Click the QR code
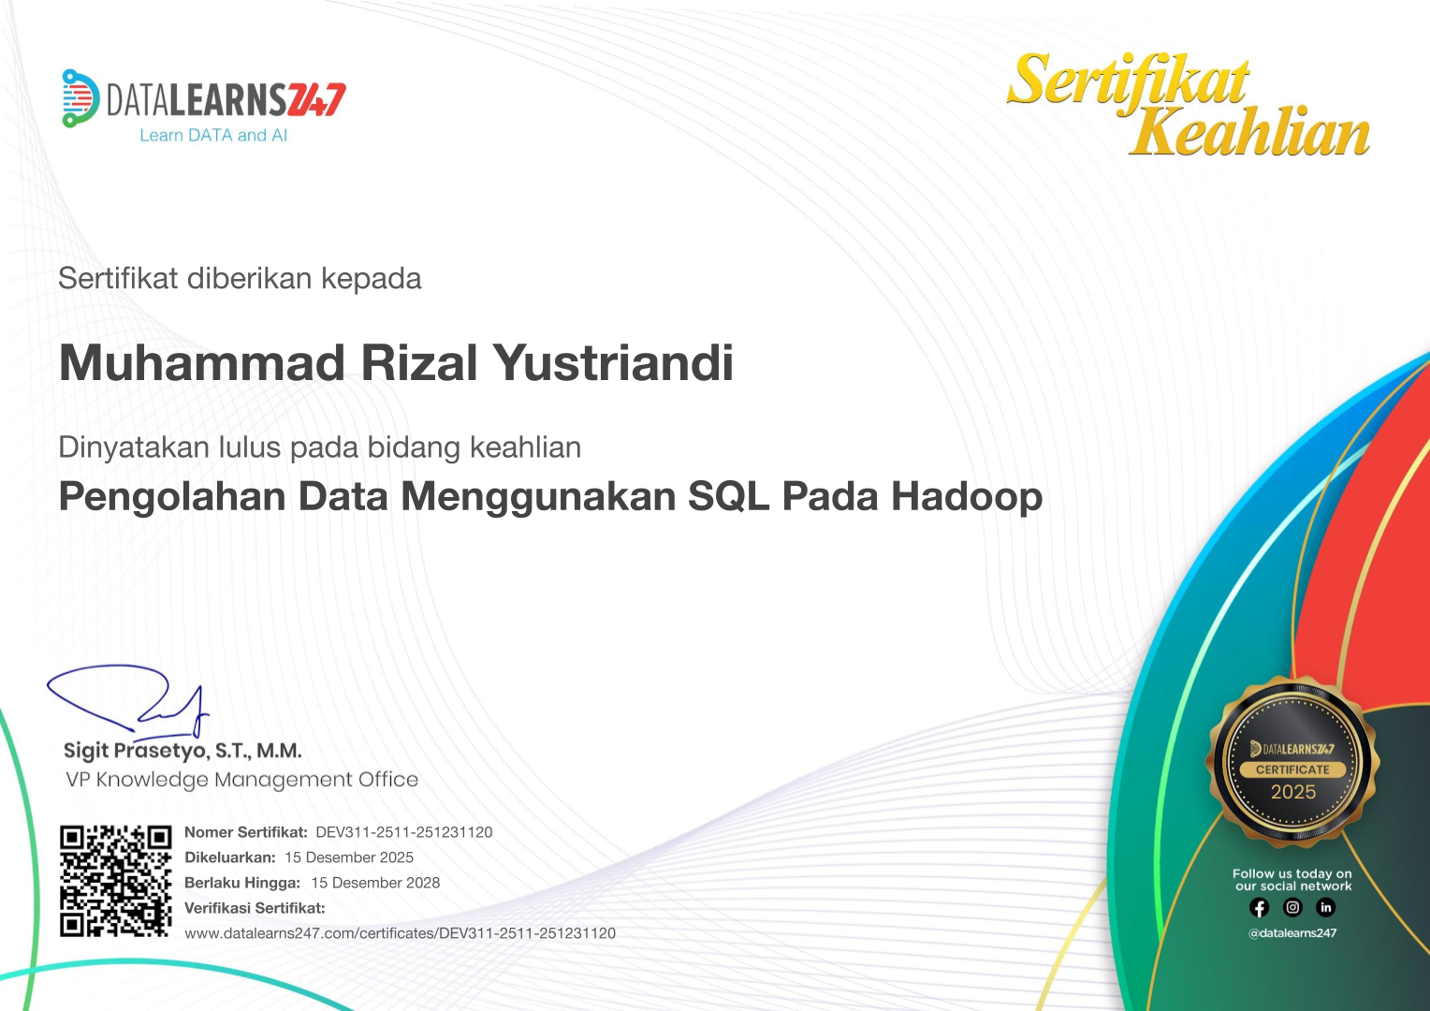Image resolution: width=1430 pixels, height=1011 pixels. click(115, 881)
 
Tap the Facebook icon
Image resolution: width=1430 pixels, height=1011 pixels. click(1259, 907)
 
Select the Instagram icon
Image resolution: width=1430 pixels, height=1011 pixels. click(1292, 907)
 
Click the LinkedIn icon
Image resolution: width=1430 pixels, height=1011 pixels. click(1325, 907)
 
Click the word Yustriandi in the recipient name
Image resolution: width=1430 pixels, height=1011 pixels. click(613, 363)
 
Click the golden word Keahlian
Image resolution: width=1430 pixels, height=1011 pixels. click(1249, 133)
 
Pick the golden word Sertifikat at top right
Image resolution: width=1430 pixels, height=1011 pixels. click(1128, 81)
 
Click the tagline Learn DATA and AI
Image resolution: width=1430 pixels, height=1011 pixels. click(213, 136)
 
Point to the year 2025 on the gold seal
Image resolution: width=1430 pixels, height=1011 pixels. click(1292, 792)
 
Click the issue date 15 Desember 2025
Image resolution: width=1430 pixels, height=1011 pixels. click(349, 857)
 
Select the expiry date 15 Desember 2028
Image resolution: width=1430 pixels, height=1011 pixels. click(375, 883)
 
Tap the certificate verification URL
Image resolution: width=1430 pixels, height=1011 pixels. click(400, 933)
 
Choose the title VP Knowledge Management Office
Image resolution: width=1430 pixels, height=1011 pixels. click(241, 780)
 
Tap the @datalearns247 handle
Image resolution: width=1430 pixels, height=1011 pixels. click(1292, 933)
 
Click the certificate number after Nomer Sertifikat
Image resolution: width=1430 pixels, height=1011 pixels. click(403, 832)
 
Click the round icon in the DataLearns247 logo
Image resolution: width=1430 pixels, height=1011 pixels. click(80, 97)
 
